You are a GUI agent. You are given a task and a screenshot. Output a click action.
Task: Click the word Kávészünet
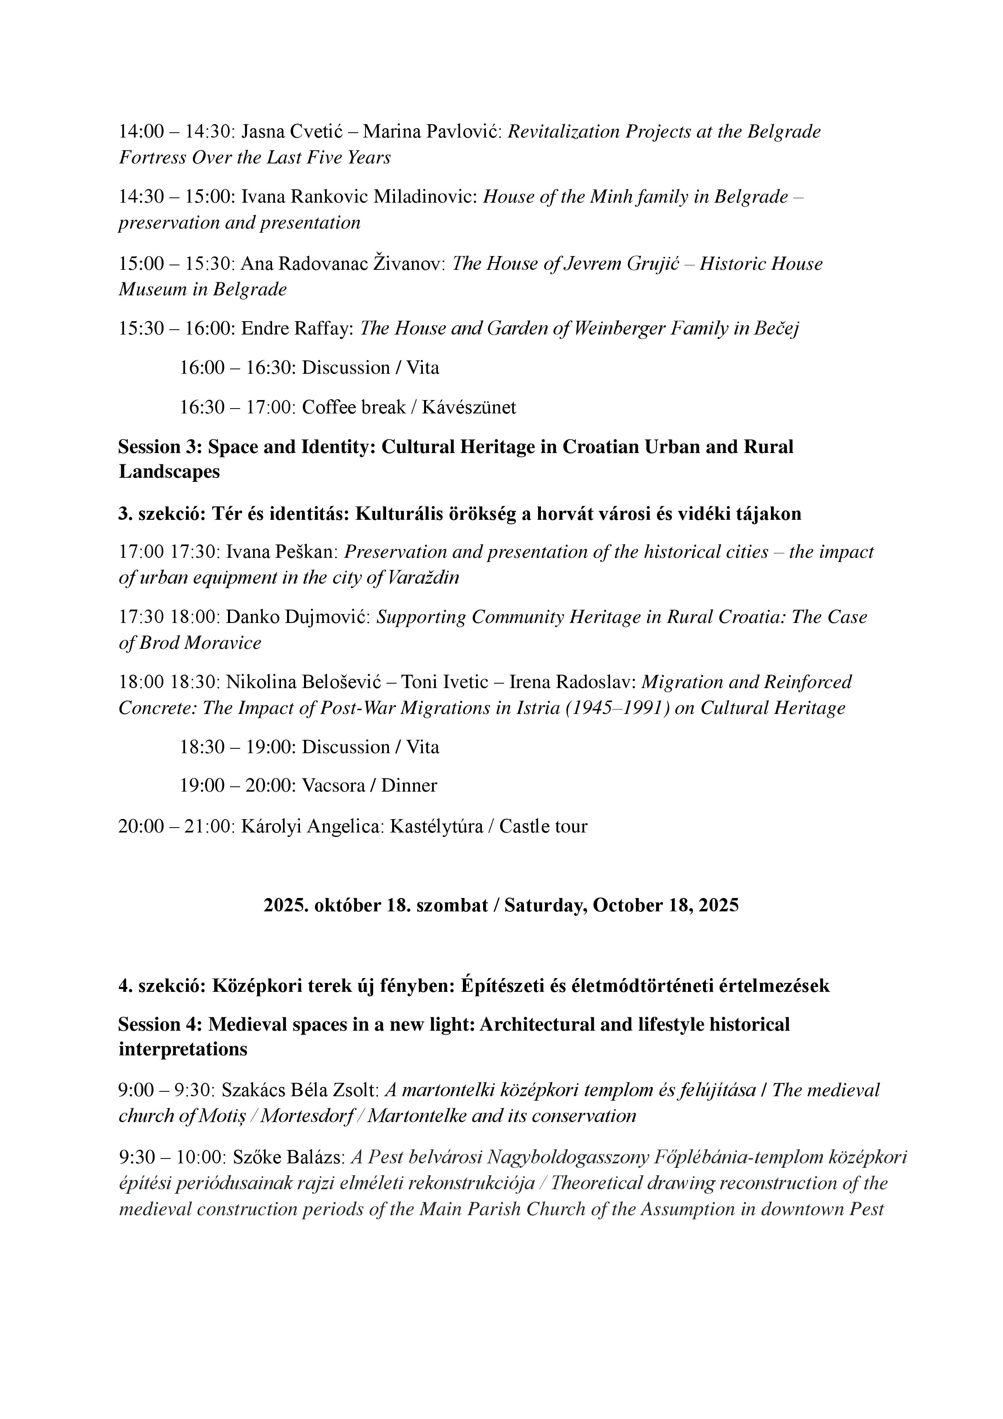pos(469,407)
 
